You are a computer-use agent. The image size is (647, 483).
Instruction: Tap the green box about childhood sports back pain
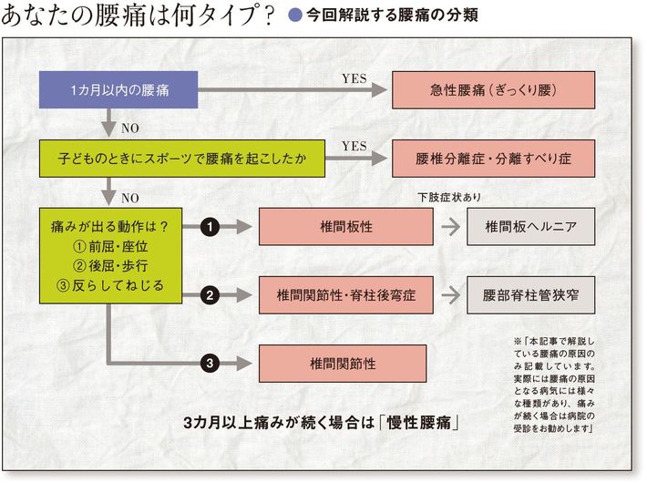(183, 158)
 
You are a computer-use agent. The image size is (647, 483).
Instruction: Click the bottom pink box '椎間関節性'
(342, 363)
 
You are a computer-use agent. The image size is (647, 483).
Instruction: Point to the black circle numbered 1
(209, 226)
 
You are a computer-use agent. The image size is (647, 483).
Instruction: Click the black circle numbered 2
(209, 294)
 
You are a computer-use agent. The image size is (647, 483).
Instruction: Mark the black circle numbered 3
(209, 363)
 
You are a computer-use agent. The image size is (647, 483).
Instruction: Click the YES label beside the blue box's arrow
(354, 78)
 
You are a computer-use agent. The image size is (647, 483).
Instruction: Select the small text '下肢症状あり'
(449, 197)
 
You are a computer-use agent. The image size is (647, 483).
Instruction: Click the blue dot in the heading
(294, 15)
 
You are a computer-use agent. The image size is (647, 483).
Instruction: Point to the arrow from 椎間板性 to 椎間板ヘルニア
(447, 226)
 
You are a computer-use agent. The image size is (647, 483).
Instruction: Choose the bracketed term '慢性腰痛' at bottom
(423, 424)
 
